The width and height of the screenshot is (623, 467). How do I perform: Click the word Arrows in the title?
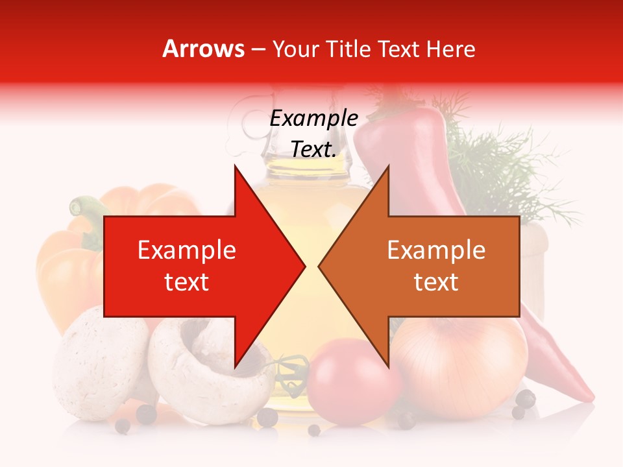(203, 49)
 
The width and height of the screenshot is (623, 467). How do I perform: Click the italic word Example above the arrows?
(313, 119)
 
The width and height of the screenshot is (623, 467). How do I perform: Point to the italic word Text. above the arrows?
(313, 149)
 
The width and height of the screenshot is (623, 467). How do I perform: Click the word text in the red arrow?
(186, 282)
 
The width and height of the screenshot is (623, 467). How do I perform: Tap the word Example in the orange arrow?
(436, 250)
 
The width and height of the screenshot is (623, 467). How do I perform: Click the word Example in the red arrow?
(186, 250)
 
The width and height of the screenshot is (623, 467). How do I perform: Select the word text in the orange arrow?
(436, 282)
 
